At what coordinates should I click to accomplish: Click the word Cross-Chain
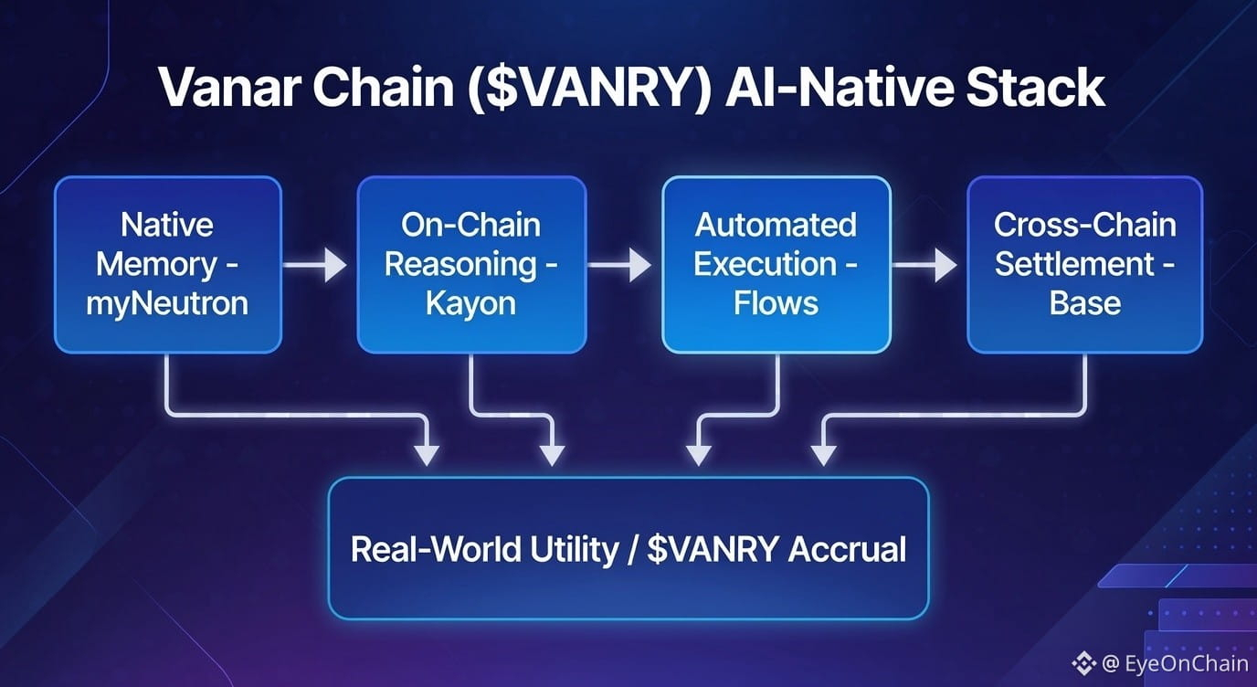tap(1084, 225)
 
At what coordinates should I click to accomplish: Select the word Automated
tap(776, 225)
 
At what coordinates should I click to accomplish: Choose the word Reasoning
tap(461, 265)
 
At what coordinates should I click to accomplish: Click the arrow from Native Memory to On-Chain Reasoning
tap(316, 266)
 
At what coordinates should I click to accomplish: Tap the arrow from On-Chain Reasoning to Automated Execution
tap(621, 266)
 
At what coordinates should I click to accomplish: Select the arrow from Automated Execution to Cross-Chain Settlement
tap(925, 266)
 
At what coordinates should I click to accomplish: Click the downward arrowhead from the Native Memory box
tap(427, 451)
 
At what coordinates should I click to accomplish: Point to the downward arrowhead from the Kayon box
tap(551, 451)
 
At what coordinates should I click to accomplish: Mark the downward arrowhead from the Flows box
tap(699, 451)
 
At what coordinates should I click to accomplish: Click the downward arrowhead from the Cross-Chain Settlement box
tap(824, 451)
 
